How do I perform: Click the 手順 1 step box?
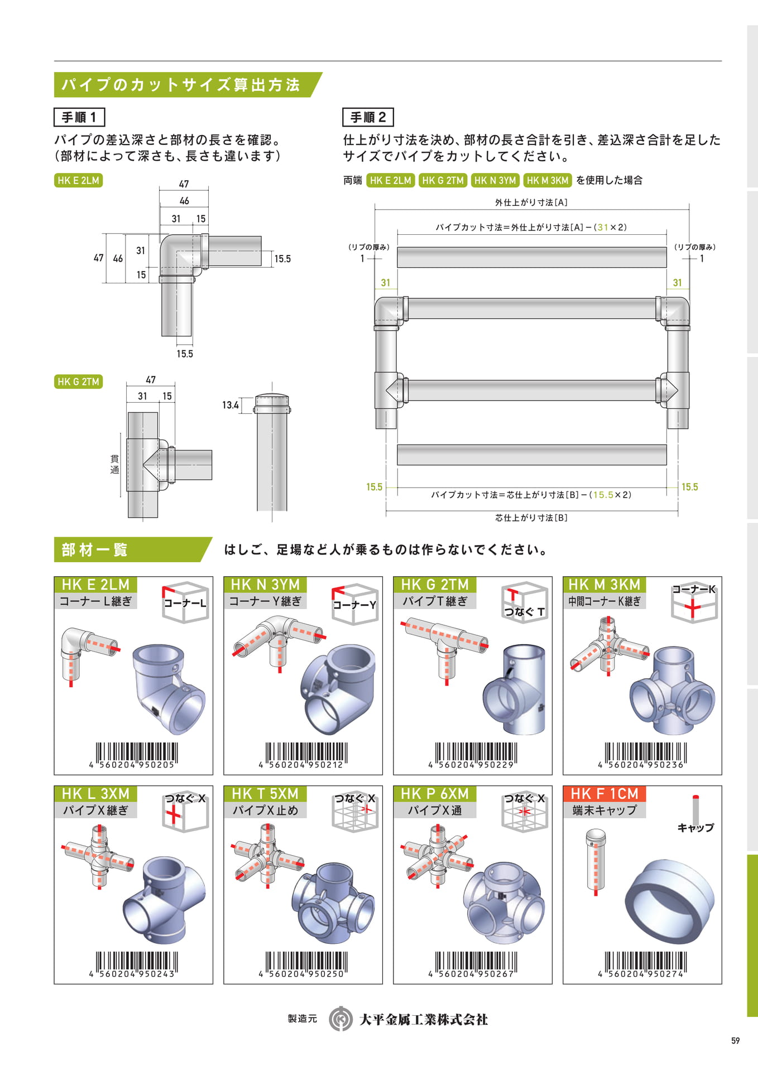coord(79,117)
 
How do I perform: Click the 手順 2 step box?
coord(368,117)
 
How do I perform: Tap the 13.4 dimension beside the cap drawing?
coord(231,405)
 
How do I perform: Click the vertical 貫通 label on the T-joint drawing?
coord(114,464)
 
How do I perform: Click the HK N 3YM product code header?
coord(265,585)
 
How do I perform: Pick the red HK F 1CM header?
coord(605,794)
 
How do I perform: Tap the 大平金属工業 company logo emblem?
coord(340,1019)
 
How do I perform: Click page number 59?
coord(735,1040)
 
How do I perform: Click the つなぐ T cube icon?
coord(524,602)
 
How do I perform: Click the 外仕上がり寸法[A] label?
coord(531,202)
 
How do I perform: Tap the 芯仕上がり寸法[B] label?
coord(531,518)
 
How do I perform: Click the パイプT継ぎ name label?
coord(435,601)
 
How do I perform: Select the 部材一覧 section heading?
coord(94,550)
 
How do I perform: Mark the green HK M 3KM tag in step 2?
coord(548,180)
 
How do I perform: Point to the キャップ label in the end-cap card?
coord(695,828)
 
